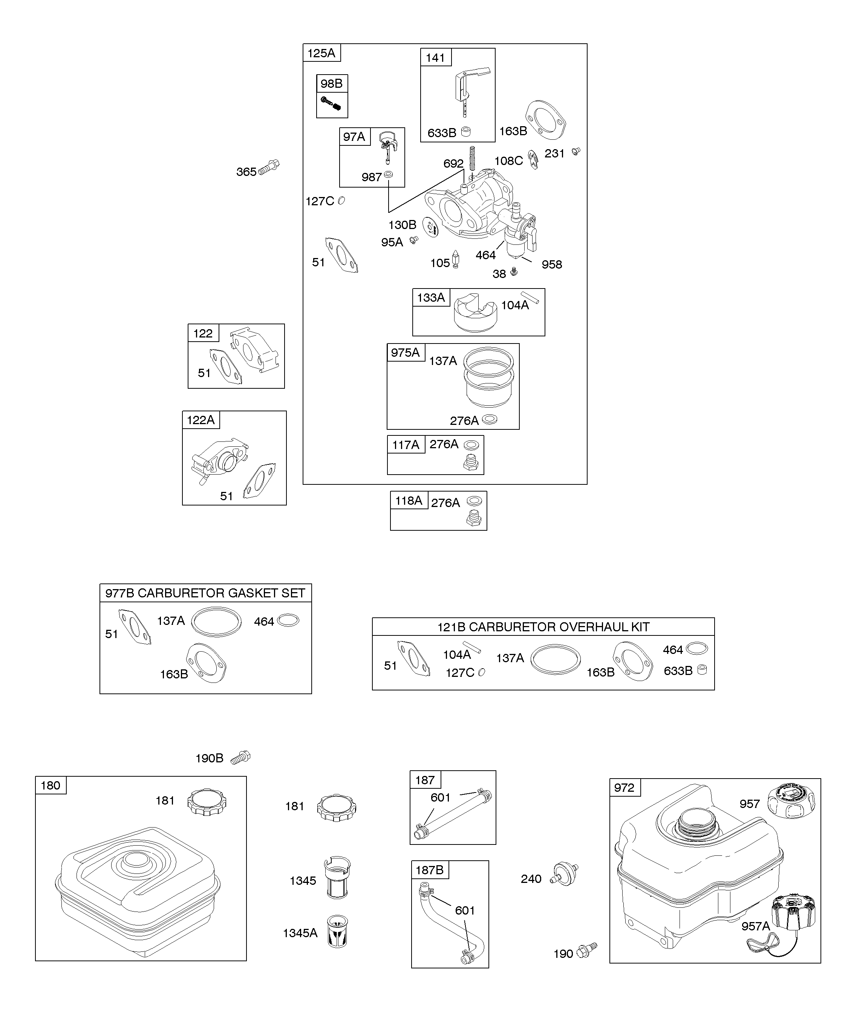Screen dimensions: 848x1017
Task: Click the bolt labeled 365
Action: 269,167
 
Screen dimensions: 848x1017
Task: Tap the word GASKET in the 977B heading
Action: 251,593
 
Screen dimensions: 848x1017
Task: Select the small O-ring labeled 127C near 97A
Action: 341,200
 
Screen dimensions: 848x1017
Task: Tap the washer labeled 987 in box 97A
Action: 388,174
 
